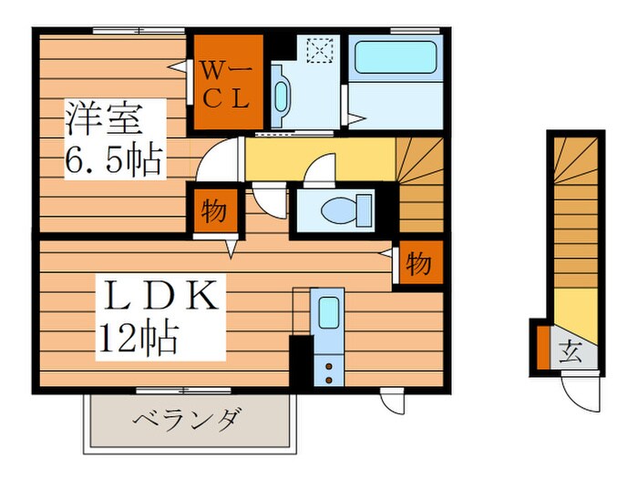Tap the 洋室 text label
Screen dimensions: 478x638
101,119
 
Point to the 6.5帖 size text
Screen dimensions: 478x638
113,162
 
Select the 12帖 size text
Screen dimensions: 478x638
138,340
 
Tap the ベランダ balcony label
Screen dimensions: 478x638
188,421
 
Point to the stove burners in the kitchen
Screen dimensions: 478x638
326,369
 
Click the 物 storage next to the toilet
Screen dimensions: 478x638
214,210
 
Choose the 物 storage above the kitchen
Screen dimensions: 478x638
417,264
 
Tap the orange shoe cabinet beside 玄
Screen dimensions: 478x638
541,348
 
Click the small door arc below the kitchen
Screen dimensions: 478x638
392,402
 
